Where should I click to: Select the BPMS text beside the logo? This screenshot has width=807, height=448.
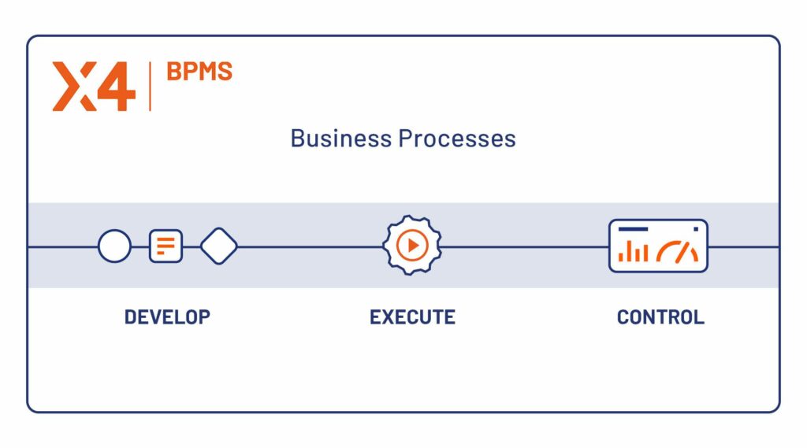pos(199,72)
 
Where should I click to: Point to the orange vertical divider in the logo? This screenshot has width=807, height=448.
pos(150,87)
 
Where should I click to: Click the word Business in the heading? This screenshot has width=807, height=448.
pos(341,139)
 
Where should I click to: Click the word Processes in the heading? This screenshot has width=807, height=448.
pos(457,139)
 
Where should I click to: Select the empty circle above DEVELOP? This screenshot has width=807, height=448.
pos(114,246)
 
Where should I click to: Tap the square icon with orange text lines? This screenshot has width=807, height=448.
pos(165,246)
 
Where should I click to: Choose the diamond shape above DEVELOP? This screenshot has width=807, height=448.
pos(219,246)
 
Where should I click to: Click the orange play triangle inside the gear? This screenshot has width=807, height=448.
pos(412,246)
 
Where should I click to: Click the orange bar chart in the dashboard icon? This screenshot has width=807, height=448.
pos(633,252)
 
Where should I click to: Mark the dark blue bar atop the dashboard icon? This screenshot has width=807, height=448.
pos(633,229)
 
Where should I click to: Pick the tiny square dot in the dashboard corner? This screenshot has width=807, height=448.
pos(695,229)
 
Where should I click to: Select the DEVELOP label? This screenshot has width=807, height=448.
pos(167,317)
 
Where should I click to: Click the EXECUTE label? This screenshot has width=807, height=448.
pos(412,317)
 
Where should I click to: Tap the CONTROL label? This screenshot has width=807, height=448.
pos(660,317)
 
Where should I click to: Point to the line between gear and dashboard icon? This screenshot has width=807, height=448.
pos(524,246)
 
